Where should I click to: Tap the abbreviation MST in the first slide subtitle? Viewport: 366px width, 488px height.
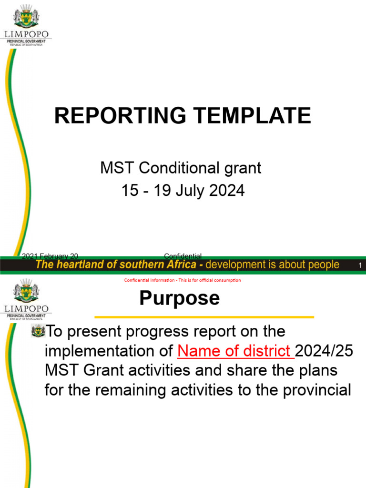tap(112, 168)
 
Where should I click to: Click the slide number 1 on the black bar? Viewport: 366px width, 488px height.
tap(360, 265)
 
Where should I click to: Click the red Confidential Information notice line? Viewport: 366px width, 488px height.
tap(183, 280)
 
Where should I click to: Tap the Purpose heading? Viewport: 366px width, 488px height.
tap(179, 298)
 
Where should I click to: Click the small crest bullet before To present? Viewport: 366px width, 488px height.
tap(37, 331)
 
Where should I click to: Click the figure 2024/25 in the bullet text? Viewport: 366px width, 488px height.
tap(325, 351)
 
